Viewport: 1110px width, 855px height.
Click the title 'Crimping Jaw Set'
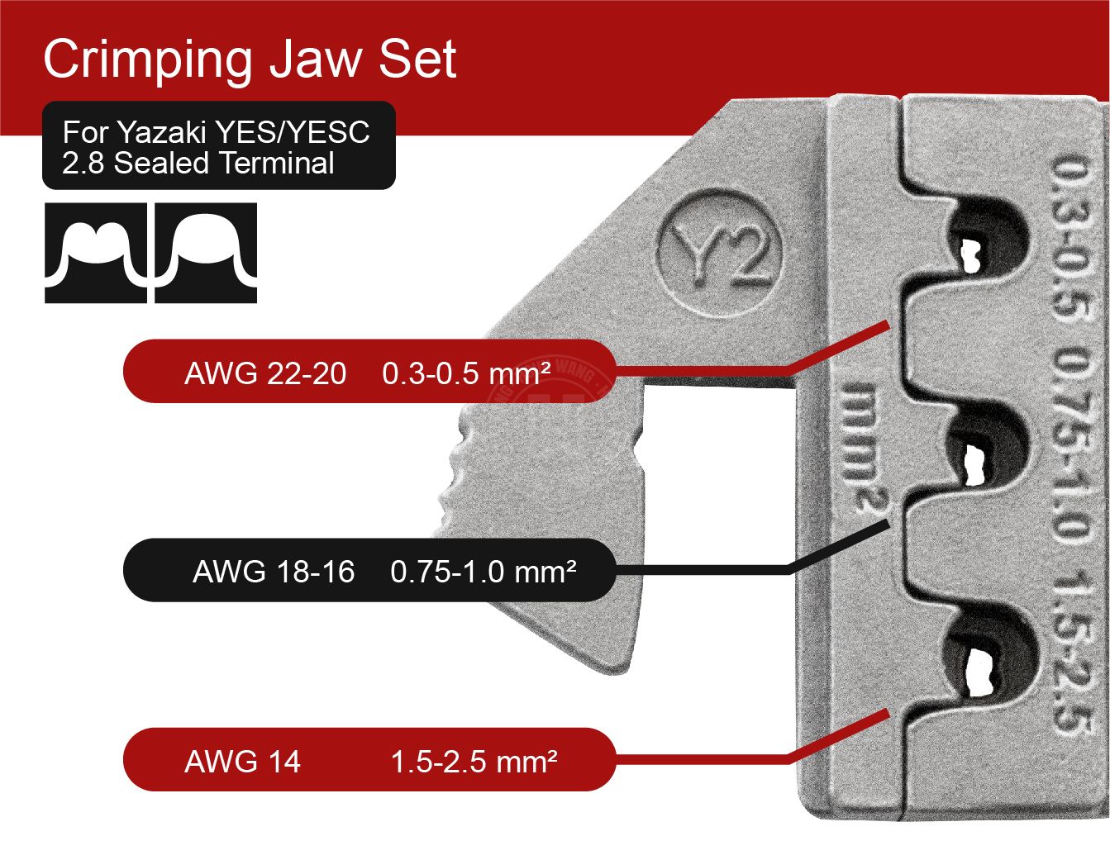(x=250, y=59)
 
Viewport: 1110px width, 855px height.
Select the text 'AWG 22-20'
(x=265, y=373)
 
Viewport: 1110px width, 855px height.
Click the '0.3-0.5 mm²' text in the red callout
(x=466, y=373)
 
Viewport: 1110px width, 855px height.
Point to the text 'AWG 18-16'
(x=274, y=571)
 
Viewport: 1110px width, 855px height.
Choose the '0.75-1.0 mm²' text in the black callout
(x=484, y=571)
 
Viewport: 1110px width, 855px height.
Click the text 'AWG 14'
(x=242, y=761)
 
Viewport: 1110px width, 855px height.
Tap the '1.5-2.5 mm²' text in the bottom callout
(x=474, y=761)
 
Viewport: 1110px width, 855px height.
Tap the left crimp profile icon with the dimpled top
(x=95, y=252)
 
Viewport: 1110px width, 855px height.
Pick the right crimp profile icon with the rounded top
(x=206, y=252)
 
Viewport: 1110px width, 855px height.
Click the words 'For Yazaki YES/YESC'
(x=217, y=132)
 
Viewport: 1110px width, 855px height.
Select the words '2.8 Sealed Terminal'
(x=198, y=163)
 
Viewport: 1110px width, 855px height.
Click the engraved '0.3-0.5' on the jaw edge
(x=1071, y=240)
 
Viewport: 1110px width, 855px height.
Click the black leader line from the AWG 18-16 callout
(x=744, y=569)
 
